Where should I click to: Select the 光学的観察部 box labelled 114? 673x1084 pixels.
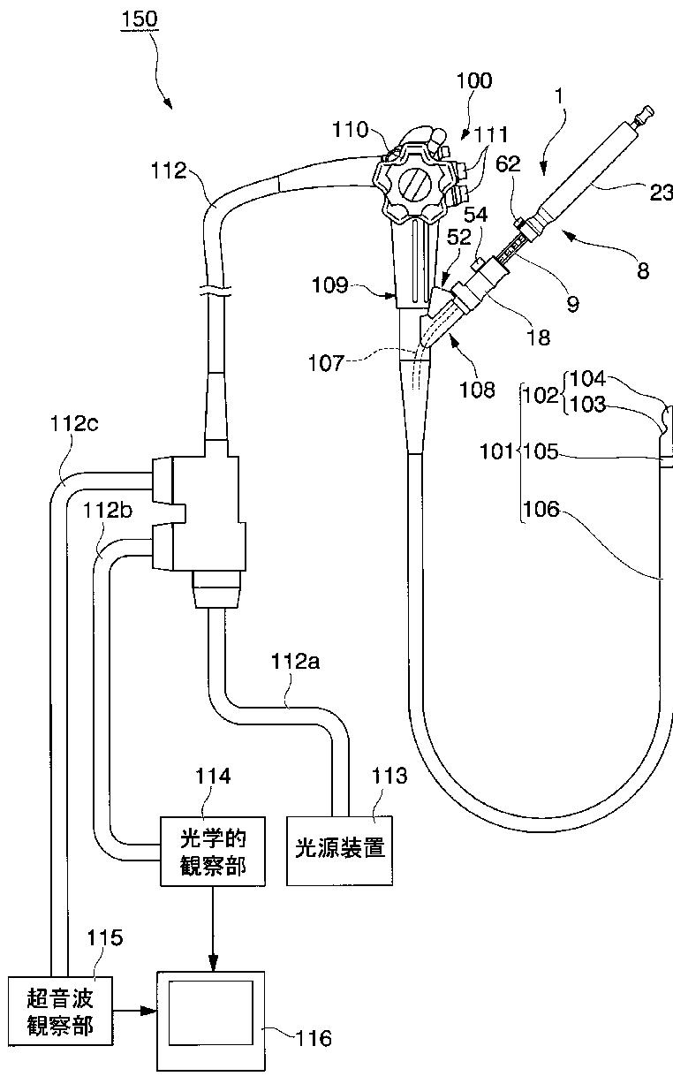[x=213, y=852]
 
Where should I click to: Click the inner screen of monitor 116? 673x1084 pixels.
[x=211, y=1012]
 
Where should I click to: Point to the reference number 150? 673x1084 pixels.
[x=140, y=19]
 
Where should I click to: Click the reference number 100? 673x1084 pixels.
[x=474, y=80]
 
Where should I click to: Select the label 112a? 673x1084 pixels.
[x=295, y=661]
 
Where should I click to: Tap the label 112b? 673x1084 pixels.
[x=108, y=510]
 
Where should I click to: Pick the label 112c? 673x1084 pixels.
[x=74, y=423]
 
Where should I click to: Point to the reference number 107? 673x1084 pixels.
[x=326, y=363]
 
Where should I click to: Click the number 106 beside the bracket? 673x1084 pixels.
[x=541, y=509]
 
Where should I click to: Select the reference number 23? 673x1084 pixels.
[x=661, y=193]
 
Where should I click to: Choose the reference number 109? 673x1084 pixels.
[x=330, y=285]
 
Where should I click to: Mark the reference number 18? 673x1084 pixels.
[x=538, y=337]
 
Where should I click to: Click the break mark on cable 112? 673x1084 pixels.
[x=215, y=291]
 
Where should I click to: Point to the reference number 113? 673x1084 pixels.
[x=389, y=776]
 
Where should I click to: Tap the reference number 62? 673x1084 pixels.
[x=508, y=164]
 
